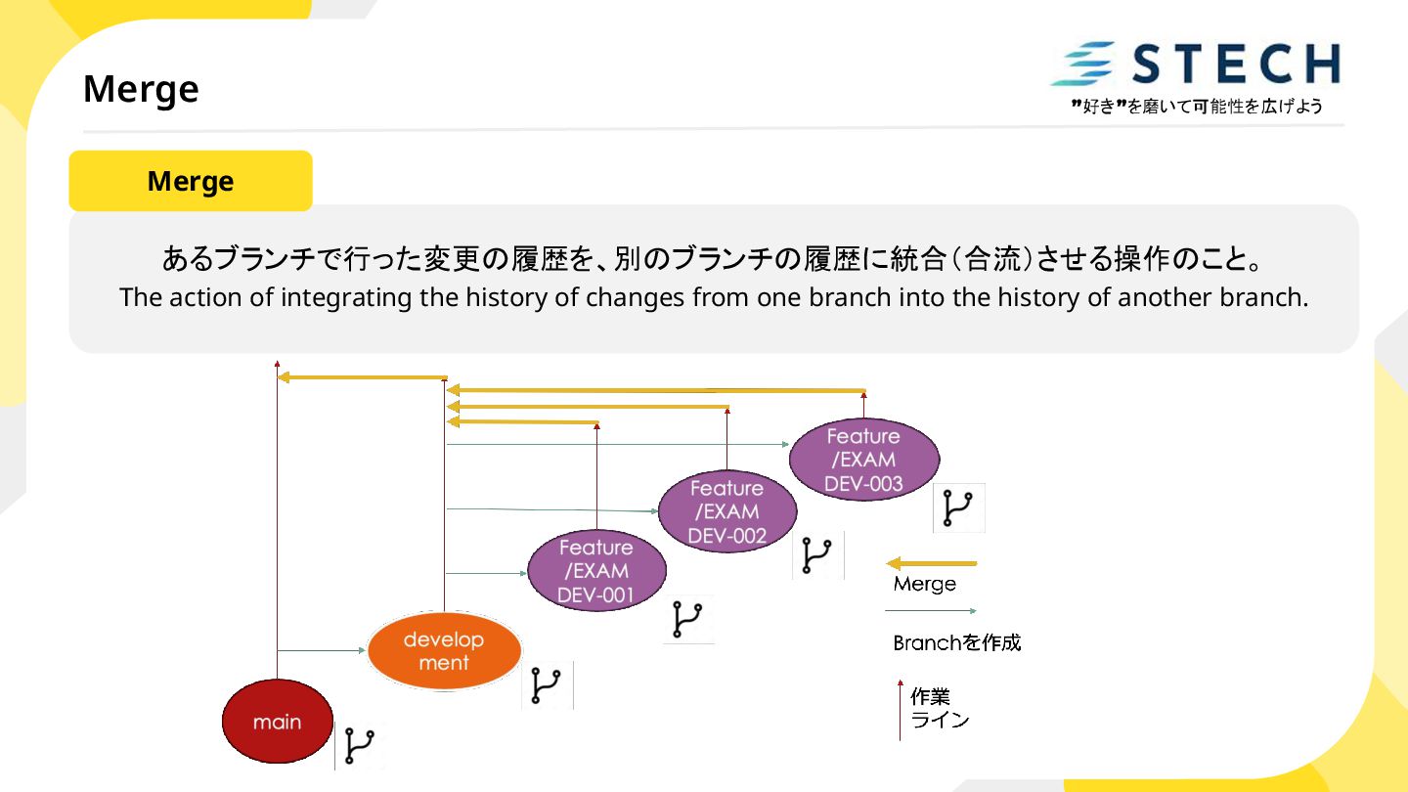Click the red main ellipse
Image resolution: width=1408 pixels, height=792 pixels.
(278, 722)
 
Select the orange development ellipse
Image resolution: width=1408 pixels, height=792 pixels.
(444, 650)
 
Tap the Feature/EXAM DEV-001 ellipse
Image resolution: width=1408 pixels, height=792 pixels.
(596, 571)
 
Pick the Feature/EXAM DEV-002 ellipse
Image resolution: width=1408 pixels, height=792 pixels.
(726, 510)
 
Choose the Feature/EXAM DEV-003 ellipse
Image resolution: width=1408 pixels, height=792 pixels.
(863, 459)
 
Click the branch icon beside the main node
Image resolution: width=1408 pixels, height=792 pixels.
(360, 746)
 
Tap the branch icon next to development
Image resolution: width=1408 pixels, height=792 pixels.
(546, 685)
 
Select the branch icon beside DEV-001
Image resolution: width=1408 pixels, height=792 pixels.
(688, 620)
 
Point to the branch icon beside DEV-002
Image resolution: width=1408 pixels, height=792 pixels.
(816, 556)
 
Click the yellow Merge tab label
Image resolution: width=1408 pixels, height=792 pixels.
(191, 181)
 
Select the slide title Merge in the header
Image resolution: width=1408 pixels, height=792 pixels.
(141, 89)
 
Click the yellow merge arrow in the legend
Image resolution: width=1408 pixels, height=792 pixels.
(931, 563)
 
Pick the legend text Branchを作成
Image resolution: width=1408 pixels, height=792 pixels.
(956, 642)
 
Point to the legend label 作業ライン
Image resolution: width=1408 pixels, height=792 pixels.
(940, 709)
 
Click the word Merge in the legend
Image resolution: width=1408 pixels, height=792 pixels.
(924, 584)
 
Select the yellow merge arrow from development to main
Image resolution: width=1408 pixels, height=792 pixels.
(362, 377)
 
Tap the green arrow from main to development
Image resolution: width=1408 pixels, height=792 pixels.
(321, 650)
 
